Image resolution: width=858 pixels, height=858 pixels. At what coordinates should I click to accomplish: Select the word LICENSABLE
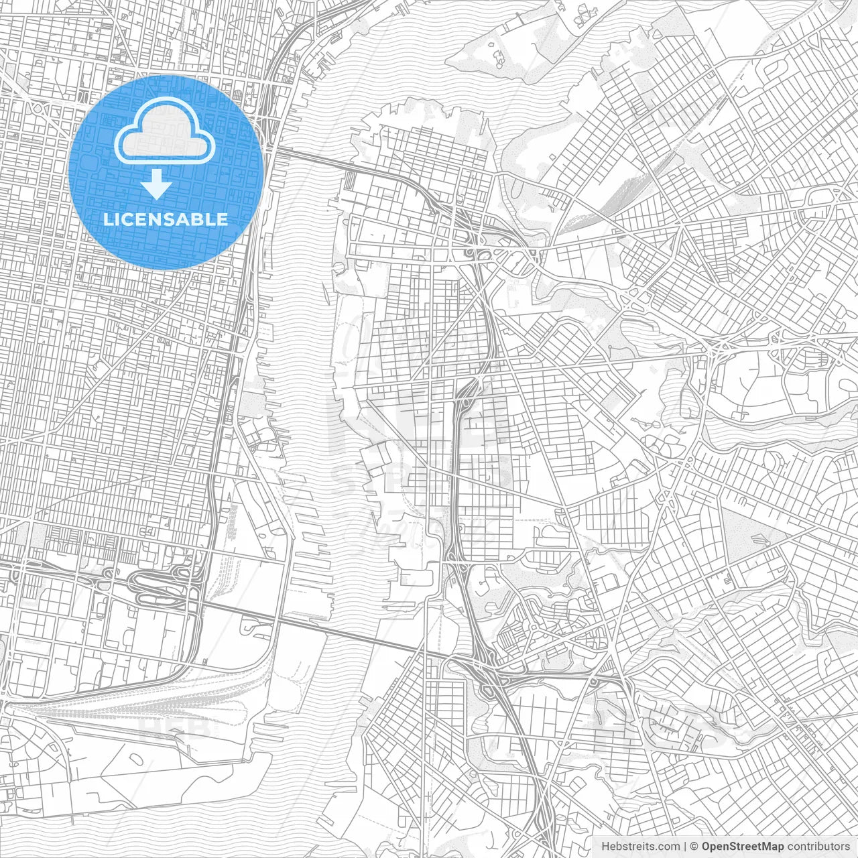pyautogui.click(x=165, y=219)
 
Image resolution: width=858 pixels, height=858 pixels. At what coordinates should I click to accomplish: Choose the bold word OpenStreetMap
pyautogui.click(x=743, y=846)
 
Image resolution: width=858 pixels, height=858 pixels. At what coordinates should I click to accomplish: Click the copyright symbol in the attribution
pyautogui.click(x=694, y=846)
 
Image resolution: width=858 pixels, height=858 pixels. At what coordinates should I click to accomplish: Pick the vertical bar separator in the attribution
pyautogui.click(x=685, y=846)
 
